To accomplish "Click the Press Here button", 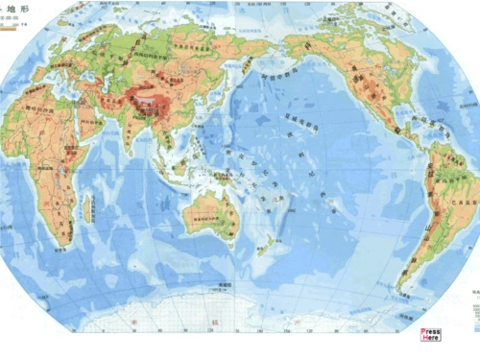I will (x=431, y=334).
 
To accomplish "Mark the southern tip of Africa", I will (x=60, y=238).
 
